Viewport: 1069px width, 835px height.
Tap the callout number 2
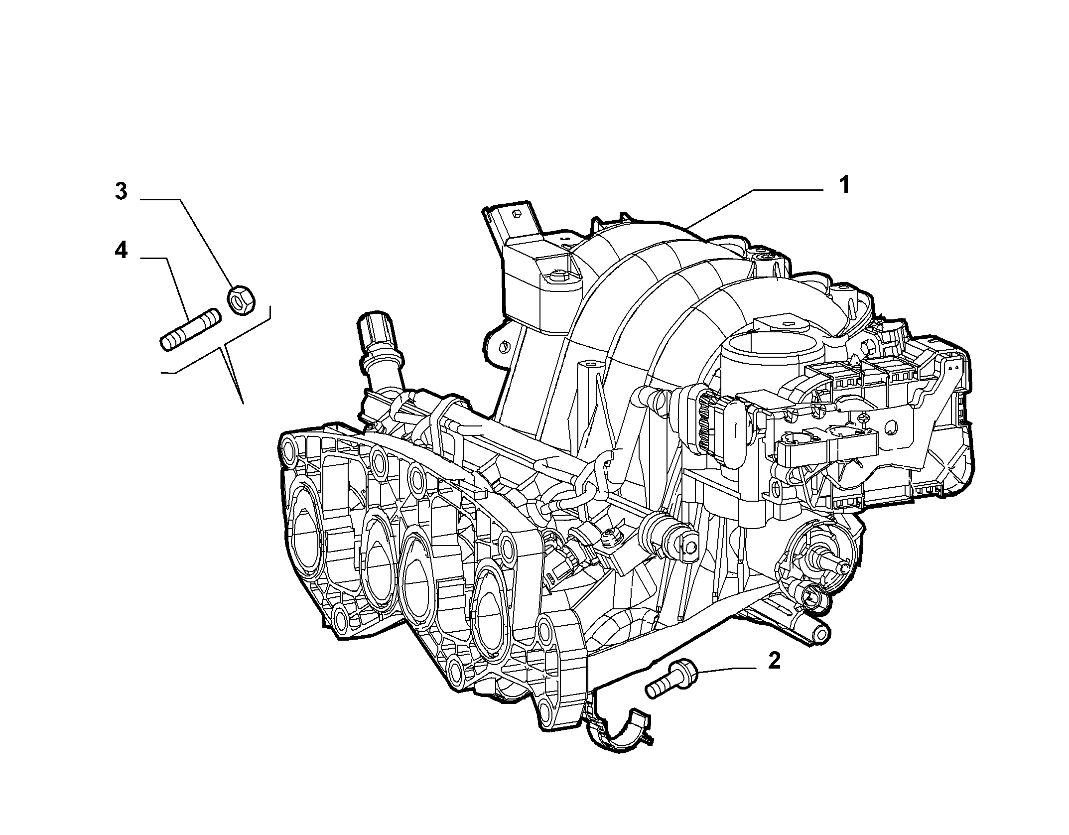coord(774,662)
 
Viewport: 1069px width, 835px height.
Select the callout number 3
coord(121,191)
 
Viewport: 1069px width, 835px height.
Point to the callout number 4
coord(121,250)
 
